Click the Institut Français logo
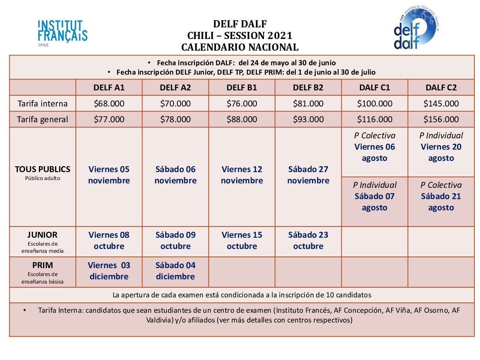pyautogui.click(x=62, y=32)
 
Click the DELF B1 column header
pyautogui.click(x=242, y=88)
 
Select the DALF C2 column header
pyautogui.click(x=441, y=88)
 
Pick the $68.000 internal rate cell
pyautogui.click(x=109, y=103)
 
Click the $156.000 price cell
pyautogui.click(x=441, y=119)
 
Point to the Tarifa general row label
pyautogui.click(x=43, y=119)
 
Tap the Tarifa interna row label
pyautogui.click(x=43, y=103)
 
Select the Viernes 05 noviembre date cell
pyautogui.click(x=109, y=175)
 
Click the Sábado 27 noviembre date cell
pyautogui.click(x=308, y=175)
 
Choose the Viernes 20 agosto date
pyautogui.click(x=441, y=152)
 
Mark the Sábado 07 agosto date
pyautogui.click(x=375, y=202)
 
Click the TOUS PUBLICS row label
pyautogui.click(x=43, y=169)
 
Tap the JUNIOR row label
pyautogui.click(x=43, y=235)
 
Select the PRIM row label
pyautogui.click(x=43, y=265)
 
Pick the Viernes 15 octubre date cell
pyautogui.click(x=242, y=240)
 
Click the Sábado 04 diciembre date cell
pyautogui.click(x=175, y=271)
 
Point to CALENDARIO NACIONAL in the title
pyautogui.click(x=240, y=47)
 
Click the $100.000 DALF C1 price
pyautogui.click(x=375, y=103)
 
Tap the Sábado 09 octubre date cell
pyautogui.click(x=175, y=240)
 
